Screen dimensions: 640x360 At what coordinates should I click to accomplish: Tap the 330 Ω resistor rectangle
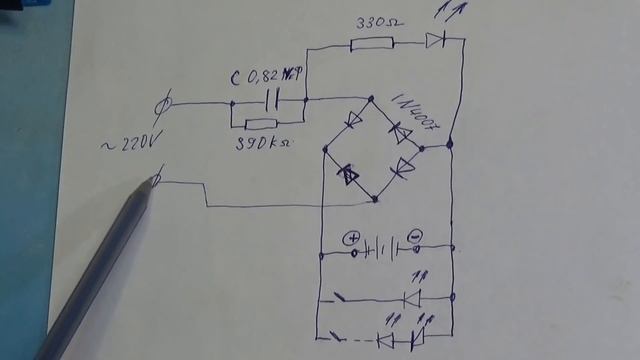(372, 43)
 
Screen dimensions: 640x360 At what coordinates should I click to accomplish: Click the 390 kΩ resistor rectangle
(261, 124)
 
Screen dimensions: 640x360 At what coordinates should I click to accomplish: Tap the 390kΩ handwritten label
(264, 146)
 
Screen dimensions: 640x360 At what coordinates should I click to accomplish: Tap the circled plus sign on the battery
(351, 239)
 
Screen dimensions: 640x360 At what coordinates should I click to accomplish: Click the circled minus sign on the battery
(416, 238)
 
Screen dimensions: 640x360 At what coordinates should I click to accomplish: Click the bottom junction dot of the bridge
(375, 199)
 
